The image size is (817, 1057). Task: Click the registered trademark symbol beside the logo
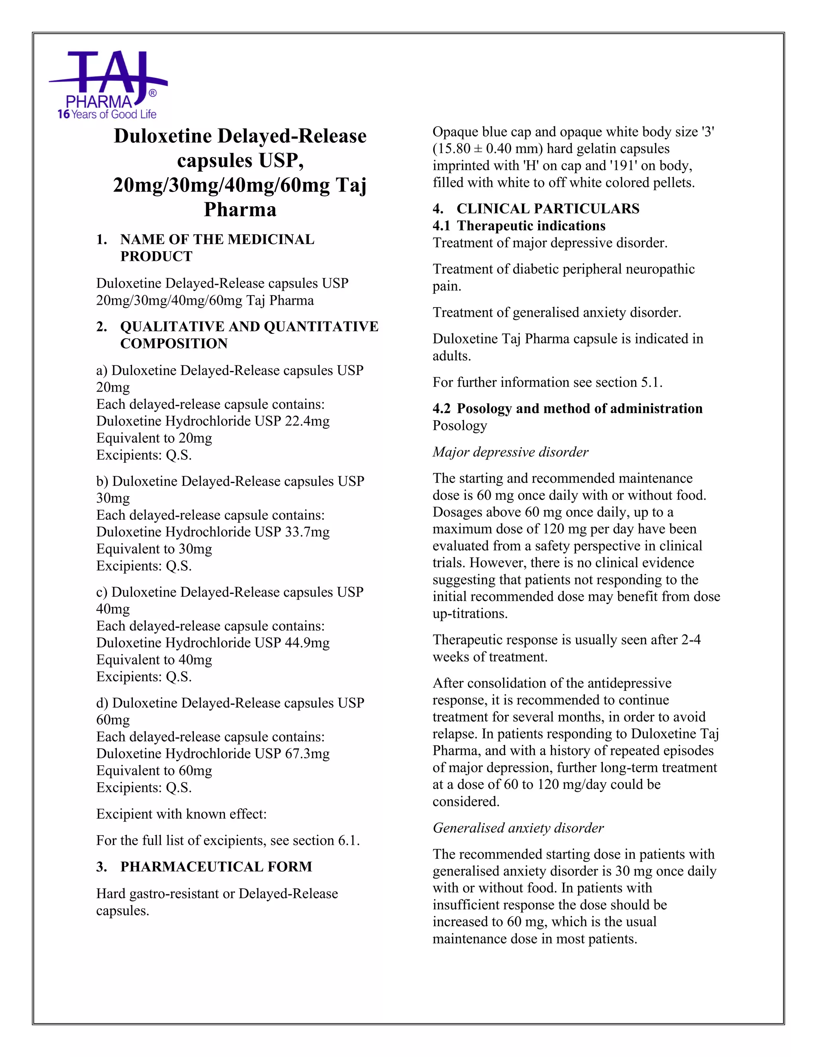152,93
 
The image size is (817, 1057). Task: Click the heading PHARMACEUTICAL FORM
216,867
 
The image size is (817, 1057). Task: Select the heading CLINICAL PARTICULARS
547,209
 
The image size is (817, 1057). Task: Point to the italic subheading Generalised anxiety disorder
518,828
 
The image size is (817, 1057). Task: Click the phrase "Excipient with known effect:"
182,814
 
